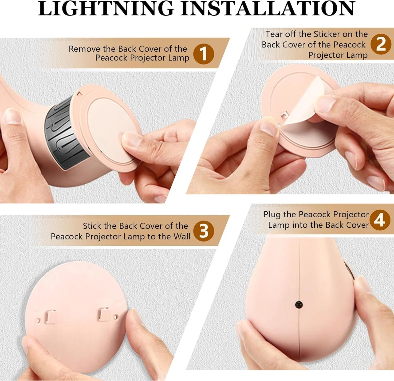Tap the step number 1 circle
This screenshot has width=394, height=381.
point(203,54)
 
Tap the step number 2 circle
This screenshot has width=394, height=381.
point(381,44)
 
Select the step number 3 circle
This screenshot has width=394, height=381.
point(204,231)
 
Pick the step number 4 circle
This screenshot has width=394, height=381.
point(380,220)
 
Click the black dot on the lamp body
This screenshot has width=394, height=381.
point(299,304)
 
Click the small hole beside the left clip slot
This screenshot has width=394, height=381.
point(38,321)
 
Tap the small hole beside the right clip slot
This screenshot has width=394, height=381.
point(115,317)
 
